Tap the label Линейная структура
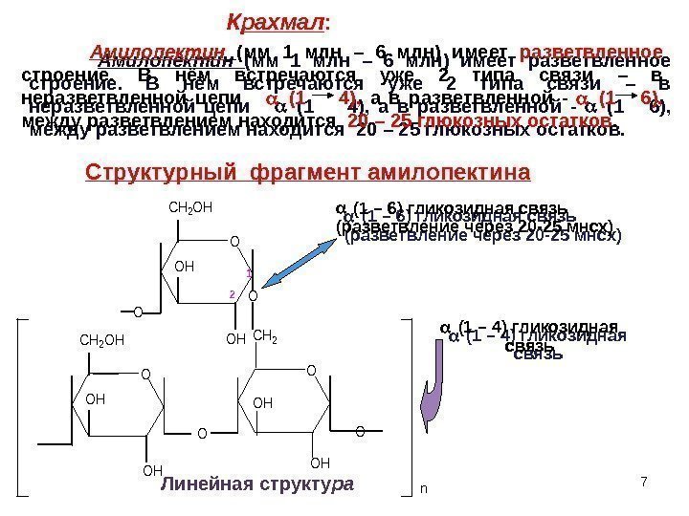[260, 485]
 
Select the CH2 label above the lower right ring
[264, 335]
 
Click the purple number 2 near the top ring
[232, 295]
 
